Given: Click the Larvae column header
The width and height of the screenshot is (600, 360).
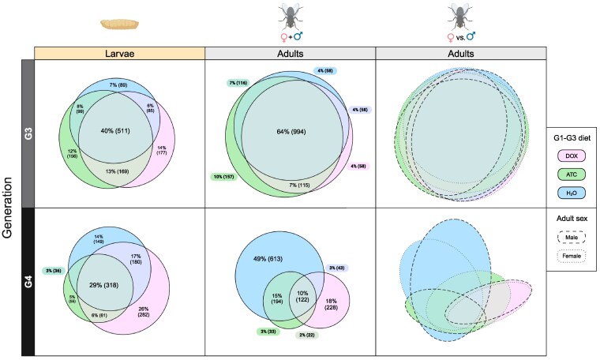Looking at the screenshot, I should pos(119,53).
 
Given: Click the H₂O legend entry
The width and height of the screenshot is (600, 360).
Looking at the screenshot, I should pos(572,191).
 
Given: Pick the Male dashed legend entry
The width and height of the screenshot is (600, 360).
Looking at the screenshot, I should pos(572,235).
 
